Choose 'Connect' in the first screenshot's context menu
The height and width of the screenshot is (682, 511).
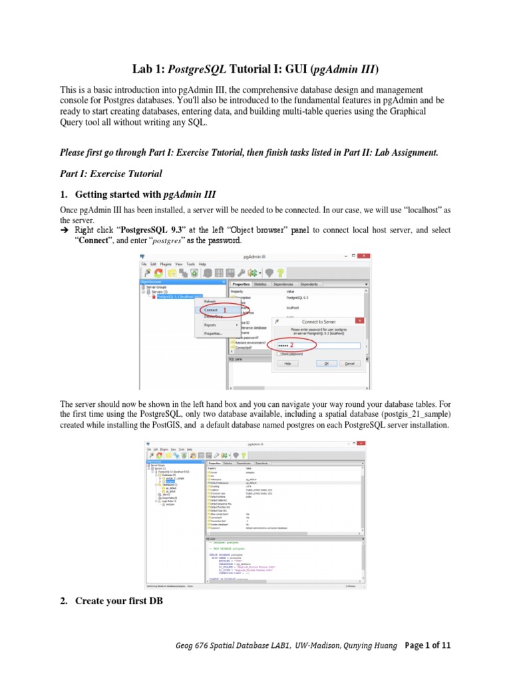211,310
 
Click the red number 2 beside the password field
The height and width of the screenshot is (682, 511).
291,345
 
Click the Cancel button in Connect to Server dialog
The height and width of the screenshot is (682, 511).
349,364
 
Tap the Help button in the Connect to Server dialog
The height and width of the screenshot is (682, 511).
287,364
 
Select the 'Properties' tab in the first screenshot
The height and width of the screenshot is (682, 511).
240,283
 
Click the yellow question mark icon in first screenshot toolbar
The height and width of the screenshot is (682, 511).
281,272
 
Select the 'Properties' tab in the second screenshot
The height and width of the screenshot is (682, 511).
215,462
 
